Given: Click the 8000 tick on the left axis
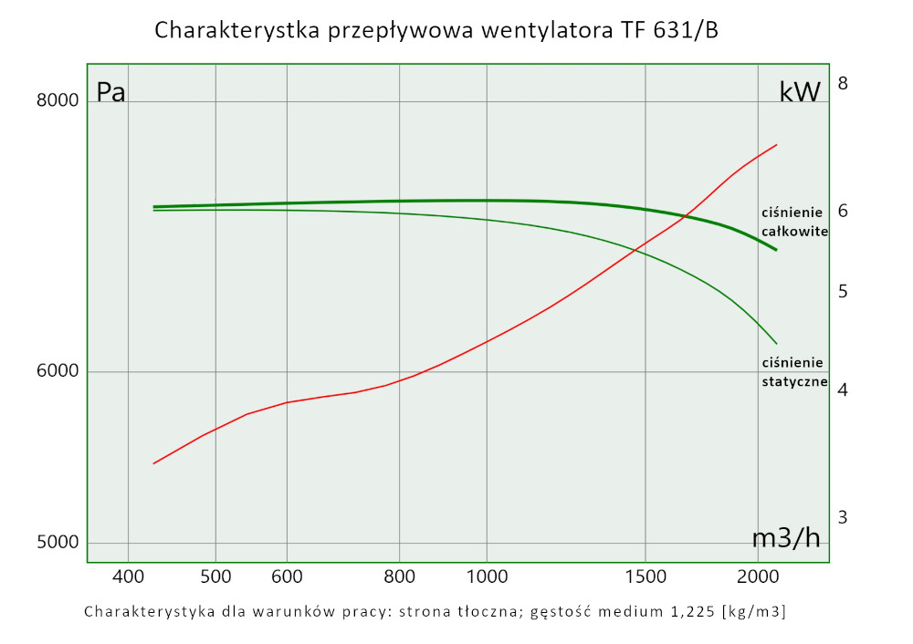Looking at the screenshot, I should [57, 100].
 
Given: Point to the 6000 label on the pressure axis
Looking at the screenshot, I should [57, 371].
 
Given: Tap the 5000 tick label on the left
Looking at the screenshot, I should [57, 542].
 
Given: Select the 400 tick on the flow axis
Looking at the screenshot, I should [128, 576].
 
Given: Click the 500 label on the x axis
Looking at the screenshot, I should [215, 576].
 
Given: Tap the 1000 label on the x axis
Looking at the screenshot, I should [487, 576].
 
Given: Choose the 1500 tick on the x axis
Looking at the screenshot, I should [645, 576].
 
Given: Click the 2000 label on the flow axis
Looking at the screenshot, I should [758, 576].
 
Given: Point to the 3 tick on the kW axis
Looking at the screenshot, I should [843, 516].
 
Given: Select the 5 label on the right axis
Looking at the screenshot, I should [843, 291].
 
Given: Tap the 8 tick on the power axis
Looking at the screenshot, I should [843, 83].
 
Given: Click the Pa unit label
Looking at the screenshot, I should [110, 93].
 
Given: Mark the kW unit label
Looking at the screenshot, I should [800, 92].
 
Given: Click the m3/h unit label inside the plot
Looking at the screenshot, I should [786, 538].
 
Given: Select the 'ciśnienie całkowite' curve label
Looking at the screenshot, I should [794, 222].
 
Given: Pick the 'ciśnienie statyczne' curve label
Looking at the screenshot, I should [794, 372].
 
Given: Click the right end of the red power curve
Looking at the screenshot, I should [776, 144].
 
